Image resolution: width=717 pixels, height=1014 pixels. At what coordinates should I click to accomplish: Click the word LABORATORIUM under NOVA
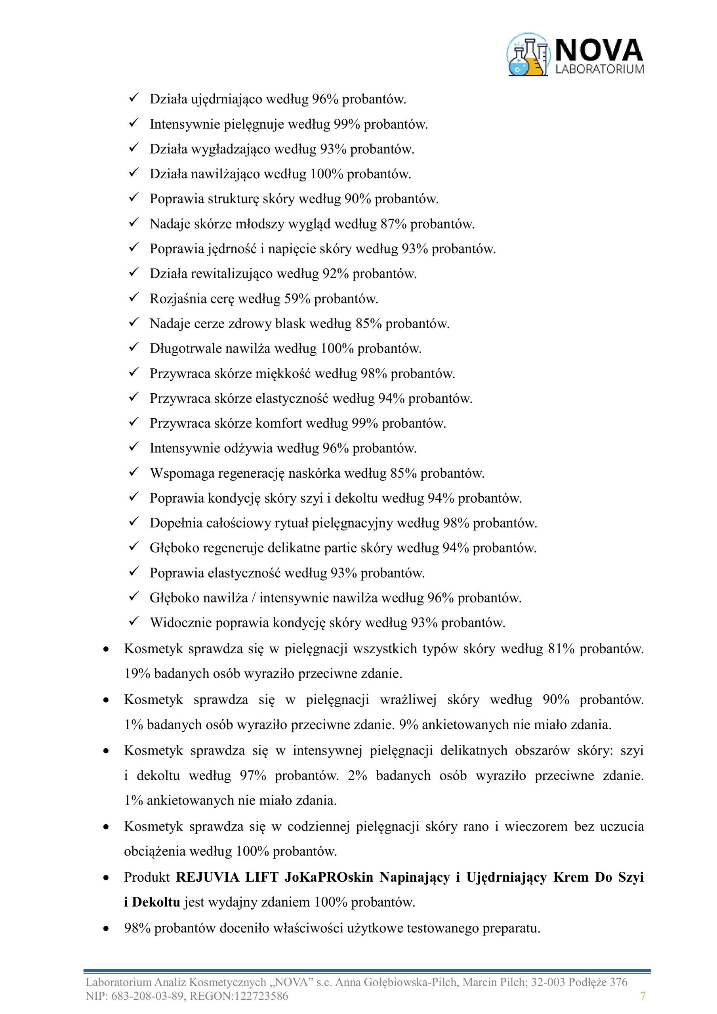599,69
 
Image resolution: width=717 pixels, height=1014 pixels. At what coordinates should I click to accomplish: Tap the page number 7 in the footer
643,996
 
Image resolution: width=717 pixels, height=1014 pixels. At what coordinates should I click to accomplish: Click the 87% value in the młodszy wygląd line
393,224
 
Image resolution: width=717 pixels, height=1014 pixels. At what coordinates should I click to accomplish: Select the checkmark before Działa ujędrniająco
133,98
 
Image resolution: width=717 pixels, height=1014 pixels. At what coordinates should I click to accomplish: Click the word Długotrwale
185,349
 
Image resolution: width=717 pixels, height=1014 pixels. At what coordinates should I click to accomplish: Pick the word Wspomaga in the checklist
179,473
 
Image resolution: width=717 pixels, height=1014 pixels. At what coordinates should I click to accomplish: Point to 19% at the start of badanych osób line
133,673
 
